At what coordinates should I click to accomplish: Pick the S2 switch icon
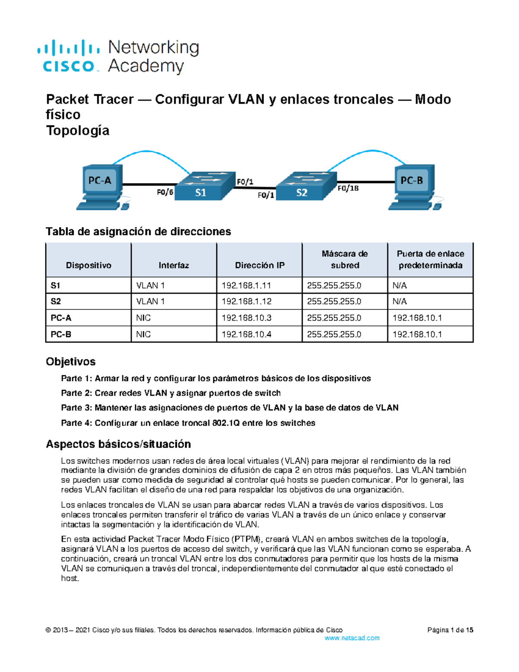(305, 186)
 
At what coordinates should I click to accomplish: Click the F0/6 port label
(165, 192)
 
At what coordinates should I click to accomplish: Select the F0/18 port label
(348, 188)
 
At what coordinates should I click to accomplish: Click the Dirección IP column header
(259, 265)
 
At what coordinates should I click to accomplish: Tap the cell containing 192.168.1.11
(246, 286)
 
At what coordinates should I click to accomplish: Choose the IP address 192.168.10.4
(246, 334)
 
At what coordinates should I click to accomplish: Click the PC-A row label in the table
(61, 318)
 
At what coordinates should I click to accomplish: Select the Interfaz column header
(173, 265)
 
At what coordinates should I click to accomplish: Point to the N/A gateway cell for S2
(400, 302)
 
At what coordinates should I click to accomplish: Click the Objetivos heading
(70, 362)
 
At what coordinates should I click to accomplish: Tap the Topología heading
(77, 131)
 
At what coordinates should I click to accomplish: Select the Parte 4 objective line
(188, 423)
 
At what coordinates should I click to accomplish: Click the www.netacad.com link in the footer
(352, 638)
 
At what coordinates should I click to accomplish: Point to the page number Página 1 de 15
(450, 630)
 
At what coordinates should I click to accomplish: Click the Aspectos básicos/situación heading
(118, 444)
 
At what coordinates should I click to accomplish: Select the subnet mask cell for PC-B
(334, 334)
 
